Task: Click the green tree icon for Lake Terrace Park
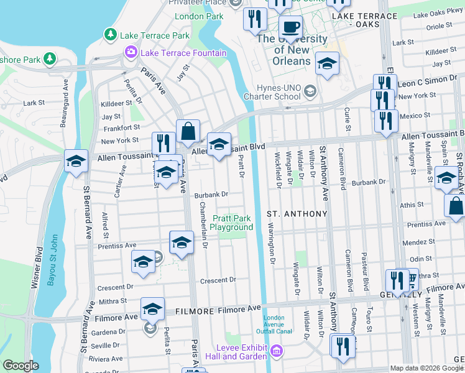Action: pos(111,34)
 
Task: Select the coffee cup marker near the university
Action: pos(290,29)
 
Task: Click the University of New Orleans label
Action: pos(292,50)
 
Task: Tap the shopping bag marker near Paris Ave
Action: pos(188,132)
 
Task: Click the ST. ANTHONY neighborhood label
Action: pos(297,214)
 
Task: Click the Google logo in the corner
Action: pos(21,366)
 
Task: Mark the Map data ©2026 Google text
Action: pos(426,368)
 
